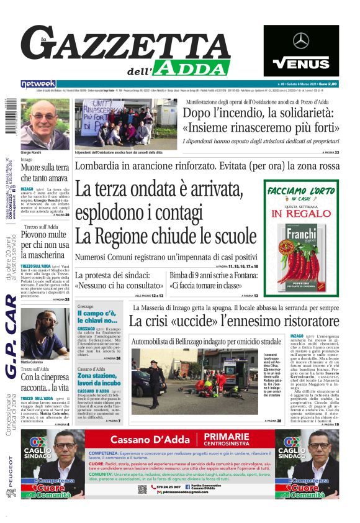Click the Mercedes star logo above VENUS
click(301, 41)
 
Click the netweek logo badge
click(38, 83)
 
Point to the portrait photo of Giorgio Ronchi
click(45, 124)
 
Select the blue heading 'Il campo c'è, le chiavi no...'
click(99, 317)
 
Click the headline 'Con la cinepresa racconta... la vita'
click(44, 382)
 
